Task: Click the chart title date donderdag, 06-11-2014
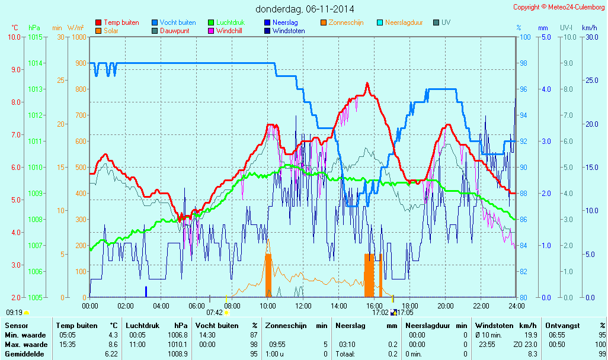pyautogui.click(x=305, y=9)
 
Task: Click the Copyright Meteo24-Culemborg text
pyautogui.click(x=559, y=7)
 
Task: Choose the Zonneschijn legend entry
pyautogui.click(x=346, y=22)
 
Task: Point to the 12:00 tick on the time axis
pyautogui.click(x=303, y=306)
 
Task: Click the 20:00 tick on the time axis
pyautogui.click(x=446, y=306)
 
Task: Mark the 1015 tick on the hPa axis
pyautogui.click(x=35, y=37)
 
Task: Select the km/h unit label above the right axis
pyautogui.click(x=590, y=28)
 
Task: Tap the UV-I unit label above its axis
pyautogui.click(x=566, y=28)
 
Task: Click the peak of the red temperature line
pyautogui.click(x=367, y=83)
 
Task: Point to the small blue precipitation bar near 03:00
pyautogui.click(x=146, y=291)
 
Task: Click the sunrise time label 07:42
pyautogui.click(x=214, y=313)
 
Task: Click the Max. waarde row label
pyautogui.click(x=26, y=345)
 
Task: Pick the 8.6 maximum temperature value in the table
pyautogui.click(x=112, y=345)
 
